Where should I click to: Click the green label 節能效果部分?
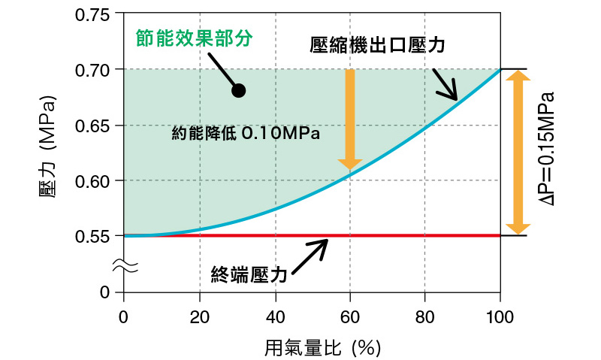193,36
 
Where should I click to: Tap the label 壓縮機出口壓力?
378,45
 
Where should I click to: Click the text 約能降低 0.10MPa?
246,135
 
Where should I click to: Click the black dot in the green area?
239,91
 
